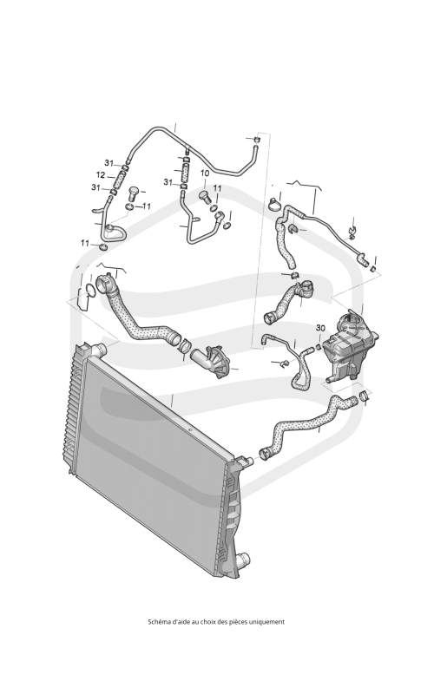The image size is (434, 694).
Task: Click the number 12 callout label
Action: [101, 175]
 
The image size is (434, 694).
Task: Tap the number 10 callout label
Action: [205, 173]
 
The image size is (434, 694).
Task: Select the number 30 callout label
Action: [320, 328]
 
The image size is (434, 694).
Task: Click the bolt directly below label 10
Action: [205, 195]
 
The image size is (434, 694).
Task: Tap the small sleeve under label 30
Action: [319, 344]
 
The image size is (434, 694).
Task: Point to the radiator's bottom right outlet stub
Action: [243, 558]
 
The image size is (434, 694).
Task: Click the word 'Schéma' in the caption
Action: [157, 621]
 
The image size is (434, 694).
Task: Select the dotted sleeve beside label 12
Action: [119, 180]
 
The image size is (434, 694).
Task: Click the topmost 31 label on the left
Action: [109, 162]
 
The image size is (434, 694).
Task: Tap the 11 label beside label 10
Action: [217, 188]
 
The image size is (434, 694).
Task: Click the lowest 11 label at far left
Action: [85, 243]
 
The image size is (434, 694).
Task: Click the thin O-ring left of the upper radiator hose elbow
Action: [89, 291]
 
